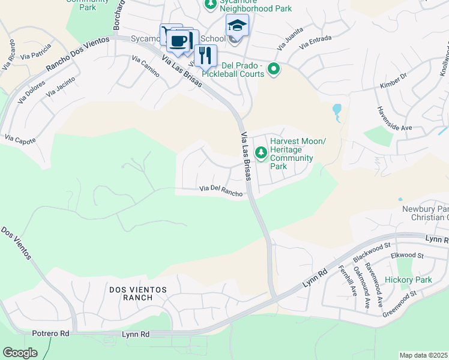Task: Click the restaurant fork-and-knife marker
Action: [205, 56]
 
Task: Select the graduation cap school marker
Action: [237, 26]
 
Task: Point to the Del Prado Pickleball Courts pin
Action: [274, 70]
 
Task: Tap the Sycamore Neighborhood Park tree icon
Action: [210, 5]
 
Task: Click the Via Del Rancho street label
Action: [221, 190]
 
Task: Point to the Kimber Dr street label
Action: [393, 82]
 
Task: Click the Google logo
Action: [20, 352]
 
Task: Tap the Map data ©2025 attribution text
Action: [424, 355]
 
